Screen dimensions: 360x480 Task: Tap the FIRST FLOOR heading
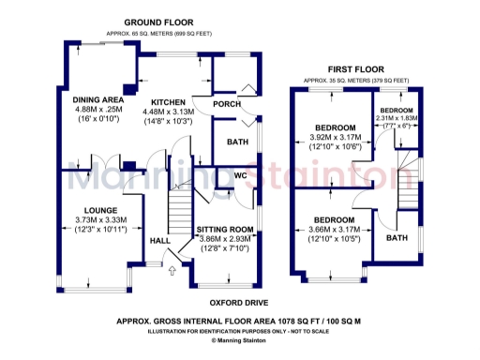pyautogui.click(x=357, y=69)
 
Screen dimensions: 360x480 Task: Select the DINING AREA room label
pyautogui.click(x=98, y=99)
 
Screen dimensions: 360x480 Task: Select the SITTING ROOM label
pyautogui.click(x=224, y=230)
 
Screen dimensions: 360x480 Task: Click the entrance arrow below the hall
pyautogui.click(x=172, y=272)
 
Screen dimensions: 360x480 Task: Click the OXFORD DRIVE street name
pyautogui.click(x=237, y=303)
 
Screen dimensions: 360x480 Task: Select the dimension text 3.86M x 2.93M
pyautogui.click(x=224, y=240)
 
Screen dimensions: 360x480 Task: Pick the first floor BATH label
pyautogui.click(x=397, y=238)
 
